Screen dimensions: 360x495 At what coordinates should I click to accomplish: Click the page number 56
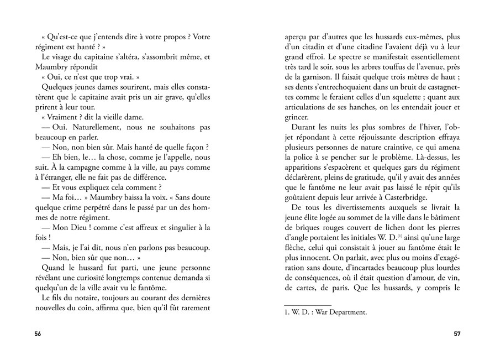coord(38,333)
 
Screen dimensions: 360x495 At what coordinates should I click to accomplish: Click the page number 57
coord(457,333)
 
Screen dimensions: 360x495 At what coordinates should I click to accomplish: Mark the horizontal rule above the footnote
coord(307,304)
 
